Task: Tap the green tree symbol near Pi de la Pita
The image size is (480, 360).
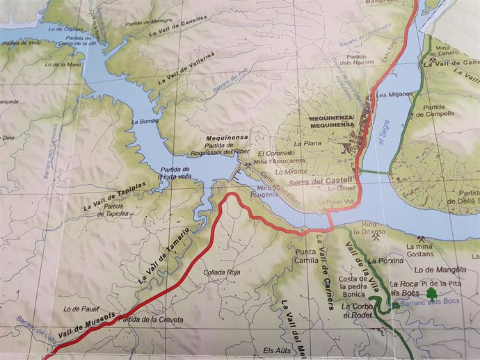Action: pyautogui.click(x=432, y=295)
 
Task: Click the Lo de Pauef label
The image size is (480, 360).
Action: pyautogui.click(x=77, y=308)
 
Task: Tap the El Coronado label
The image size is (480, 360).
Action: pyautogui.click(x=272, y=154)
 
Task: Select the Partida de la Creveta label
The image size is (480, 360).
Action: pyautogui.click(x=151, y=320)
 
